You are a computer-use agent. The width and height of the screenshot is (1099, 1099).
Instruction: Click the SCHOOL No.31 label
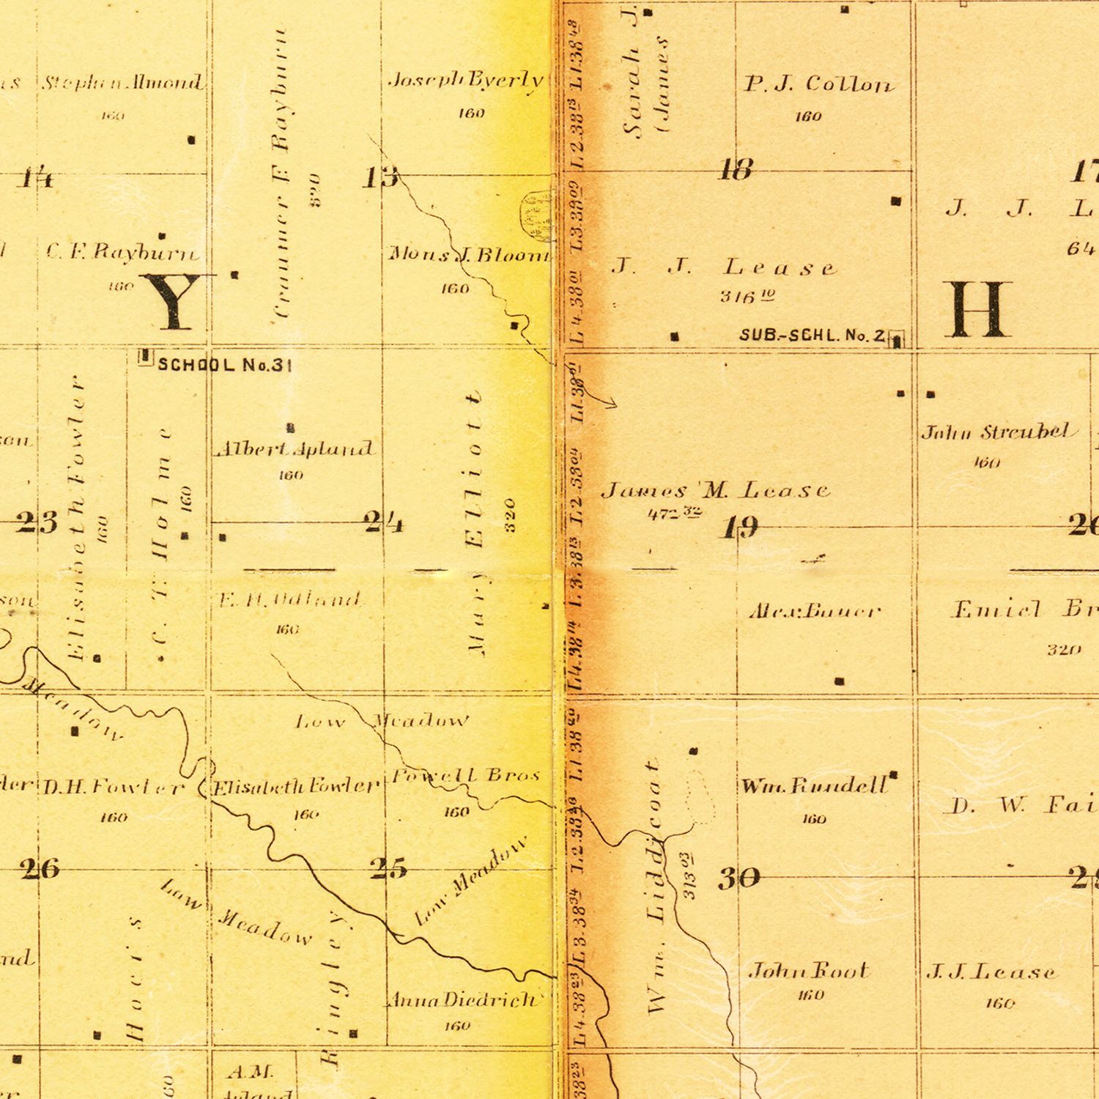(x=225, y=364)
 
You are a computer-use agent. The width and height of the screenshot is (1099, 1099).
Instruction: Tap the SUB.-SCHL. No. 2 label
(x=813, y=336)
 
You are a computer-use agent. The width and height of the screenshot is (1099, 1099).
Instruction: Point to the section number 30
(x=739, y=878)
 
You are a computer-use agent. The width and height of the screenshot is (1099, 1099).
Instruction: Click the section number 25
(x=388, y=869)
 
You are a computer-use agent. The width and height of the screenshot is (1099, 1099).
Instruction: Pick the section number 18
(x=736, y=170)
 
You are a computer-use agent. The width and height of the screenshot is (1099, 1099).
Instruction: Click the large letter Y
(x=173, y=301)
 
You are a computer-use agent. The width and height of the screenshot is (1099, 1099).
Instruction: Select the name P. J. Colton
(x=819, y=85)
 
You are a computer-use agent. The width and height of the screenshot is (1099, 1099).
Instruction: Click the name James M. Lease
(x=716, y=490)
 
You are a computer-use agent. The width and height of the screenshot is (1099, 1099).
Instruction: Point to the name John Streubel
(x=999, y=432)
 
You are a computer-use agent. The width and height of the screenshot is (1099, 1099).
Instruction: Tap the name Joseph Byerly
(x=466, y=80)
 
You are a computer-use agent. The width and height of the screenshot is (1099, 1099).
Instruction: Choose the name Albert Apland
(x=295, y=449)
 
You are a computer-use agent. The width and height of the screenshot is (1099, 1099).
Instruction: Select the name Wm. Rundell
(x=814, y=787)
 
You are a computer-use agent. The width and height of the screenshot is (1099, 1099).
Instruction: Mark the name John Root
(x=808, y=972)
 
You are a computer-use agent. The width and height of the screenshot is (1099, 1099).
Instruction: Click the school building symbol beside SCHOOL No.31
(x=145, y=357)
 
